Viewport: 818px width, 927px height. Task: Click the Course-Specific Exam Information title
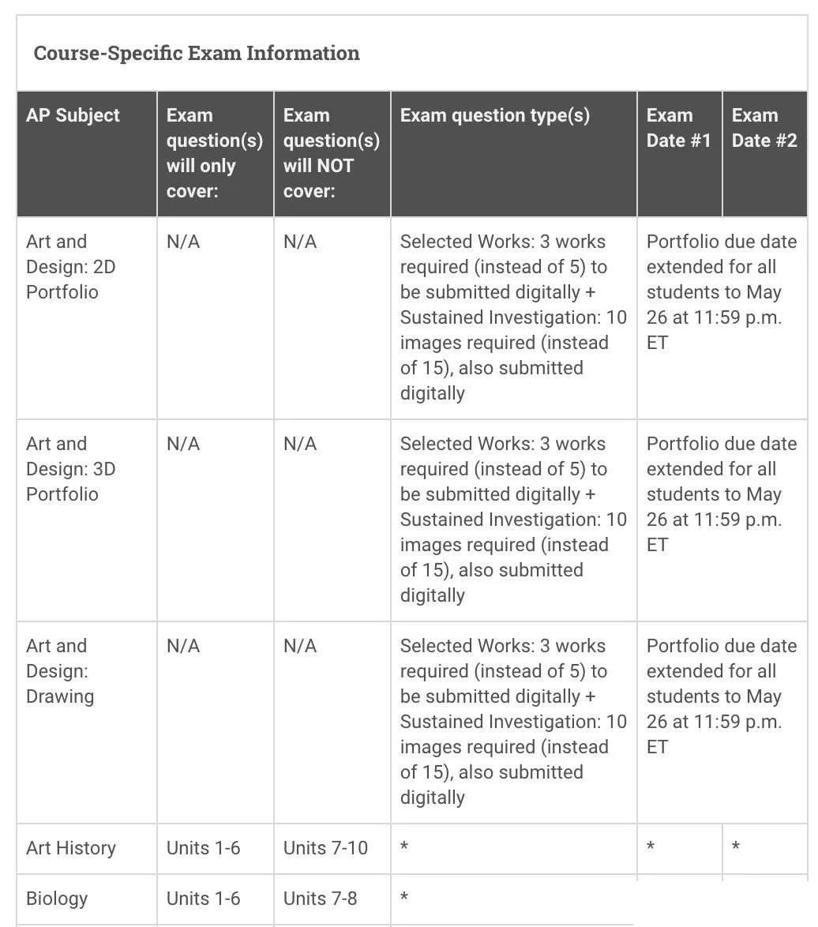[197, 54]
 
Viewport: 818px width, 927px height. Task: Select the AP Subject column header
[73, 115]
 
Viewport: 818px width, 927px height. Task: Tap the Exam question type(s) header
[494, 115]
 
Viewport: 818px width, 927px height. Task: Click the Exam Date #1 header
[678, 128]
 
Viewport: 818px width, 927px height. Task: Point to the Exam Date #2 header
[764, 128]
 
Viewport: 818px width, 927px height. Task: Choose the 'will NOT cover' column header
[331, 153]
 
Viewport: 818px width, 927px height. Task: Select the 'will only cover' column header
[214, 153]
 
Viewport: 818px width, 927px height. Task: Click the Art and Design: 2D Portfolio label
[70, 267]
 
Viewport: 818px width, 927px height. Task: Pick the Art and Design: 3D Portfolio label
[70, 469]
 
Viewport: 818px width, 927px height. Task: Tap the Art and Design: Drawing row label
[60, 671]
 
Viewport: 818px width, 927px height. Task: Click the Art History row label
[70, 848]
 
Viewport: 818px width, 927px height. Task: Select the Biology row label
[57, 899]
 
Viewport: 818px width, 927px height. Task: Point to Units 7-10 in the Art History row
[325, 848]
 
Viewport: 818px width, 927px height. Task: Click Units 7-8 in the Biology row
[320, 899]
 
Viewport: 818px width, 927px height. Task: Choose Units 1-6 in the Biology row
[203, 899]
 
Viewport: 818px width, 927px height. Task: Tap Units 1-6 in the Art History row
[203, 848]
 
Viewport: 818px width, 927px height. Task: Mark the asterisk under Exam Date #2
[736, 849]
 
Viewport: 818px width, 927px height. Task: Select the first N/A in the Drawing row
[183, 646]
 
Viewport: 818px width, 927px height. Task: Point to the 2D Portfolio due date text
[721, 292]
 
